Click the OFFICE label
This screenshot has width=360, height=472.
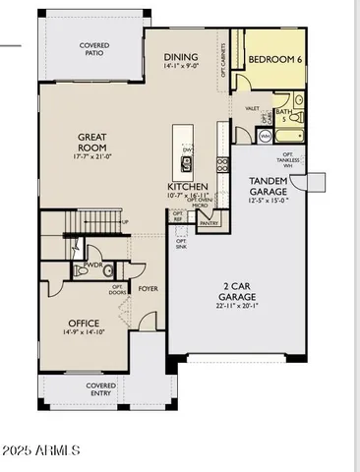coord(84,323)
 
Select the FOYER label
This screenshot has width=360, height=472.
coord(148,289)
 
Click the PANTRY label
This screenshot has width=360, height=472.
coord(209,223)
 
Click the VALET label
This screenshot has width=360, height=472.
coord(252,108)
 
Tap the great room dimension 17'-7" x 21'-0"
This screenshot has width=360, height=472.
coord(94,157)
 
